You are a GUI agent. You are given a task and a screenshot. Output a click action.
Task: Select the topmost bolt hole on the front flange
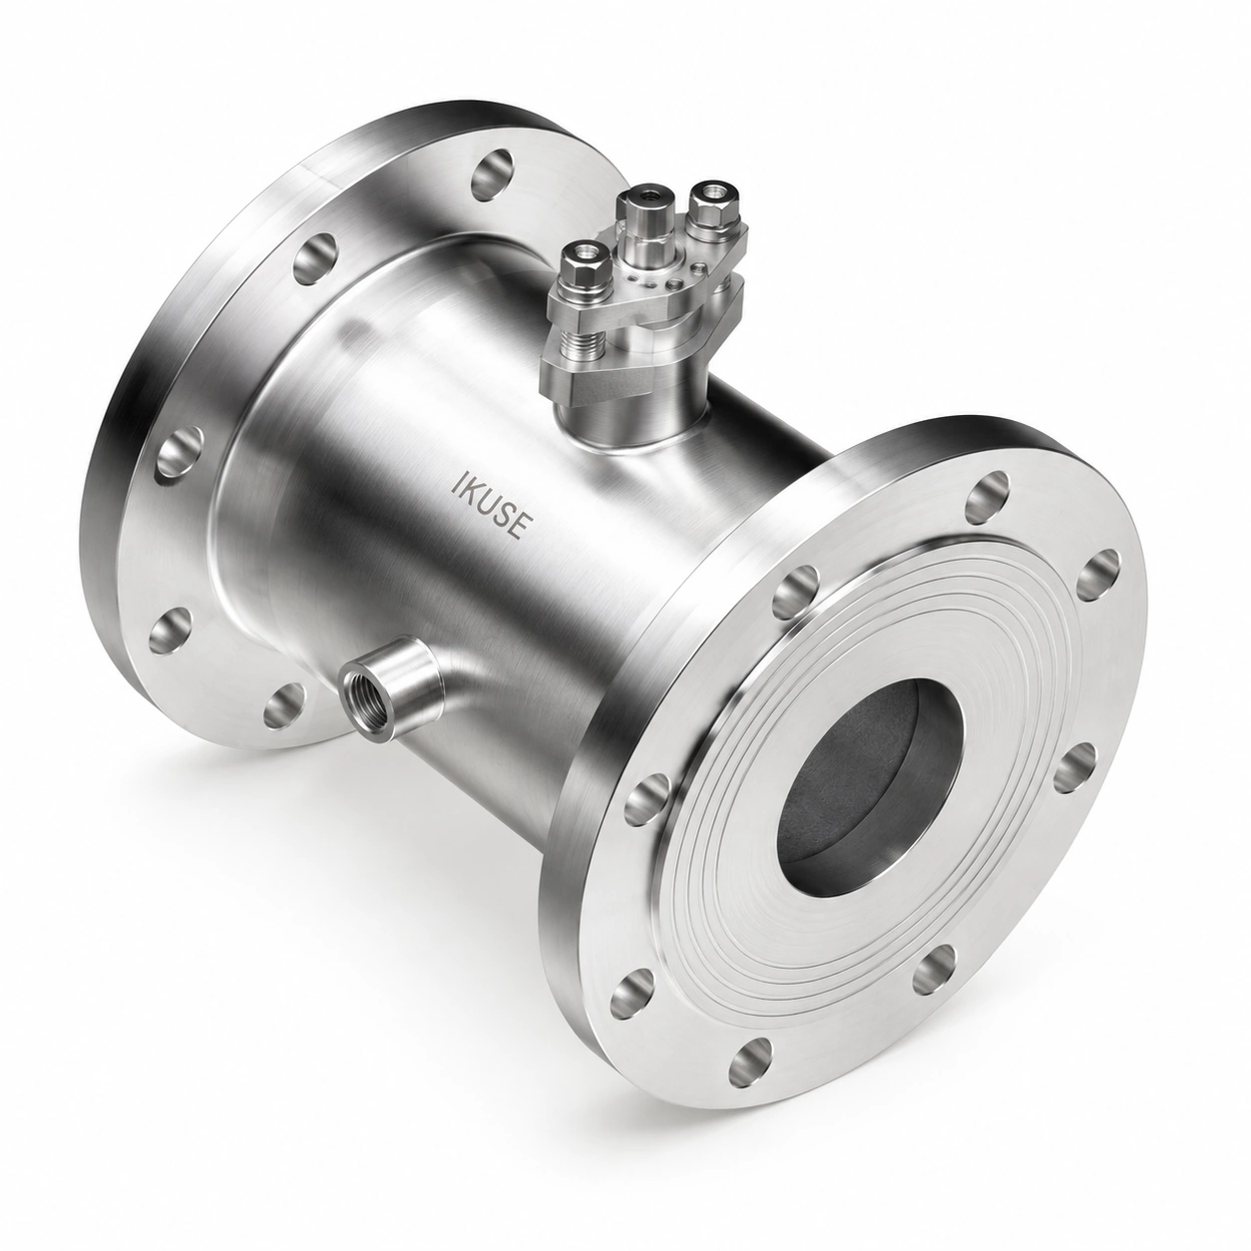[988, 497]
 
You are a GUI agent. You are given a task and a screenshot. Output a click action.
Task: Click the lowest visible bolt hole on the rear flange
[284, 703]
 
